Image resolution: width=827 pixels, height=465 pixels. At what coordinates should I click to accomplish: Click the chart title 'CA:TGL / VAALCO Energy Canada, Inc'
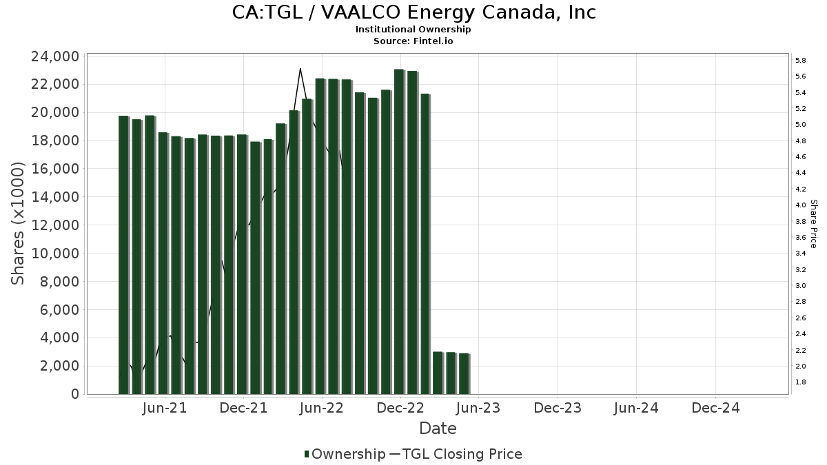(413, 12)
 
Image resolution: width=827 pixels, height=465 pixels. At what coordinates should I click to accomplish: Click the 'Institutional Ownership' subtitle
(413, 30)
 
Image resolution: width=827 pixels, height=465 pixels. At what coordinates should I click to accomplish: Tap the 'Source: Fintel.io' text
(413, 41)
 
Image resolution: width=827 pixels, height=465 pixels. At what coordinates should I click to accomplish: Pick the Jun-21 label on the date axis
(164, 408)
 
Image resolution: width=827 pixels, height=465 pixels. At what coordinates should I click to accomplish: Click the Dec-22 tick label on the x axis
(400, 408)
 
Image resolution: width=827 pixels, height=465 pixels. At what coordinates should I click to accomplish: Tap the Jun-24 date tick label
(636, 408)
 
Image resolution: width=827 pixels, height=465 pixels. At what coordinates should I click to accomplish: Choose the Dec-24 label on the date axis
(715, 408)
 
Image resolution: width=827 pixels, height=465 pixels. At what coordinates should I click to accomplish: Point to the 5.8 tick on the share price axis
(801, 61)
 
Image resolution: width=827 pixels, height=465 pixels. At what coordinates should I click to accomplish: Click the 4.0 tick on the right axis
(801, 205)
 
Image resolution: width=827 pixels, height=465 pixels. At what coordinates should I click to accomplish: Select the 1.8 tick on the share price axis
(801, 382)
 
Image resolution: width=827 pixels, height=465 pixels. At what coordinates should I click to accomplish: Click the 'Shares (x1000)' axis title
(18, 223)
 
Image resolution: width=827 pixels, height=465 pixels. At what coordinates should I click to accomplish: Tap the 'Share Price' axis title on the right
(814, 223)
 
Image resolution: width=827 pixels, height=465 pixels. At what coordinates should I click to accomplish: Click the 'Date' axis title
(438, 428)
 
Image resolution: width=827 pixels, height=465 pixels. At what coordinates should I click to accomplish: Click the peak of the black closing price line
(300, 68)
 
